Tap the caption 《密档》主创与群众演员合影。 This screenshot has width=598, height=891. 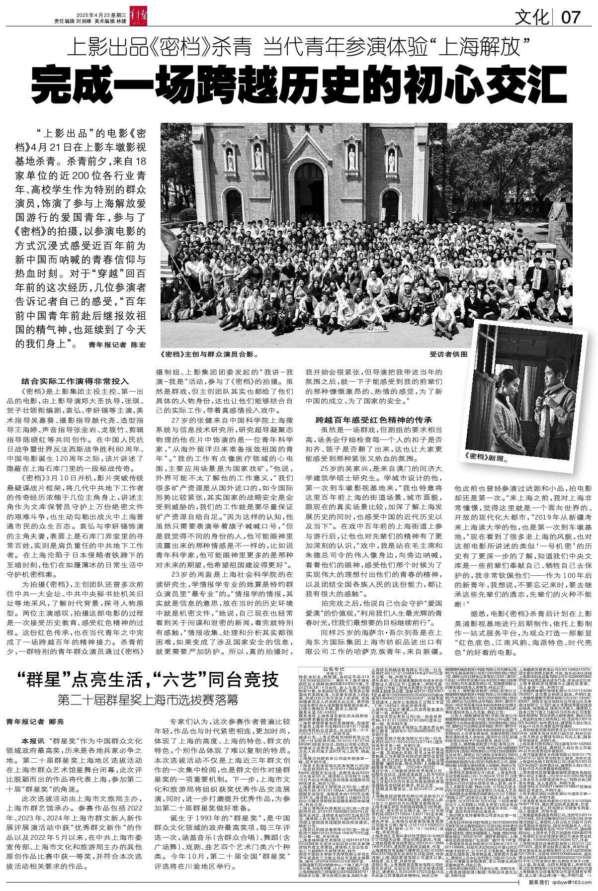(x=207, y=355)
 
